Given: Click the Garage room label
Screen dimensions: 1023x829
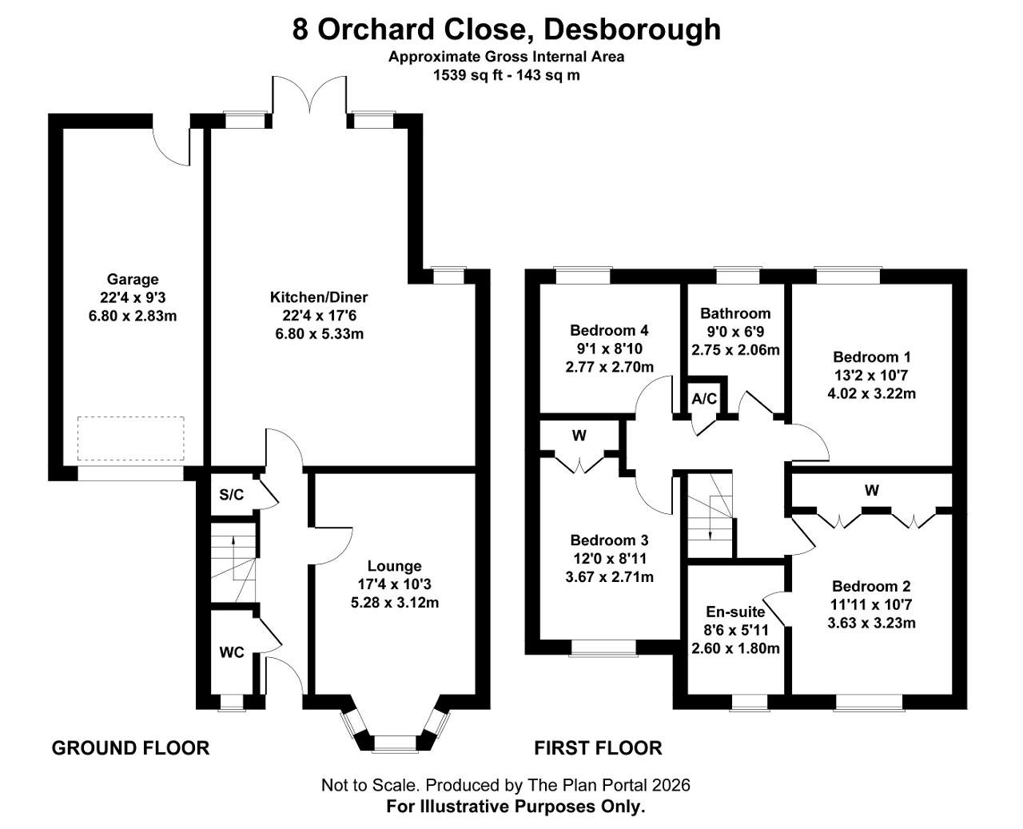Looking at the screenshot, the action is tap(133, 279).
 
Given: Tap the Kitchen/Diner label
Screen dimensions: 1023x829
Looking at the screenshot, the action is tap(319, 297).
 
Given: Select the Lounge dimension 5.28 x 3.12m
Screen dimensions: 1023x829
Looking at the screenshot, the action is tap(395, 602).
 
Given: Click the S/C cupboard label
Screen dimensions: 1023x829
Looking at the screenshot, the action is tap(232, 495).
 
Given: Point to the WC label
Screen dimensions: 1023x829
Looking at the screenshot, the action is tap(232, 652).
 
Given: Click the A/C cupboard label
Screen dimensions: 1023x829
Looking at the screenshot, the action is tap(704, 398).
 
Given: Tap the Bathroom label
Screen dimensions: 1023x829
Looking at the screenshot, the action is tap(735, 313).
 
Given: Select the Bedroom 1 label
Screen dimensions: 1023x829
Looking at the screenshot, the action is tap(872, 357).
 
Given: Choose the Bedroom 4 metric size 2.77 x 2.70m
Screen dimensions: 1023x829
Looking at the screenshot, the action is tap(610, 367).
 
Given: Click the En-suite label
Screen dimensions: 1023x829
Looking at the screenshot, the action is tap(735, 612).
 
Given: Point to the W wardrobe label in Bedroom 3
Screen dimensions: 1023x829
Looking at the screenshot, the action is tap(579, 436).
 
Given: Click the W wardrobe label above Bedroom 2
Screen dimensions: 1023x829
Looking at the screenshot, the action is tap(872, 490).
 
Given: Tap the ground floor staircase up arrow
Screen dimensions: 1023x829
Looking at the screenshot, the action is tap(233, 558).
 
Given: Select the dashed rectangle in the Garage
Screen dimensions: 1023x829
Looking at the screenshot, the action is tap(130, 439).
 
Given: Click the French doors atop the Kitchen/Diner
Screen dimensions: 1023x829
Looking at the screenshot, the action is tap(310, 96).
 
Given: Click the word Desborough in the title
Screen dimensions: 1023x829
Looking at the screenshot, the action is tap(632, 30).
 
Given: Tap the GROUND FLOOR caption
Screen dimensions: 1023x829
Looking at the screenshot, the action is tap(130, 748).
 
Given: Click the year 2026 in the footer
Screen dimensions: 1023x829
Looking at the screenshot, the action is tap(671, 785).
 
